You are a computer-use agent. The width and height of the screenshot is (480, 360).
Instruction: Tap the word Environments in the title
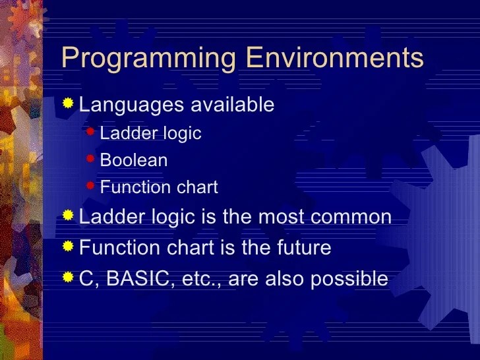click(x=334, y=58)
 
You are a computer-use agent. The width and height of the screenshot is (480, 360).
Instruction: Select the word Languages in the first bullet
click(x=131, y=105)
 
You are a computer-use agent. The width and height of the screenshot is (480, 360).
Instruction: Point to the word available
click(x=231, y=105)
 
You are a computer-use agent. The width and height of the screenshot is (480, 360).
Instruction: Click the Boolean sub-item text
click(x=134, y=160)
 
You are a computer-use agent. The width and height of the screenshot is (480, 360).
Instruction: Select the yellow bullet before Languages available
click(x=69, y=102)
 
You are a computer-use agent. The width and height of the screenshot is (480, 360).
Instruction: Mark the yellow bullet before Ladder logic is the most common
click(x=69, y=216)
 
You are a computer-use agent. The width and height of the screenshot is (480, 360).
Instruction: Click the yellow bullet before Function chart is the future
click(x=69, y=247)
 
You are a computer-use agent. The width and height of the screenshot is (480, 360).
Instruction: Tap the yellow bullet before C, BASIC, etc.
click(x=69, y=277)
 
